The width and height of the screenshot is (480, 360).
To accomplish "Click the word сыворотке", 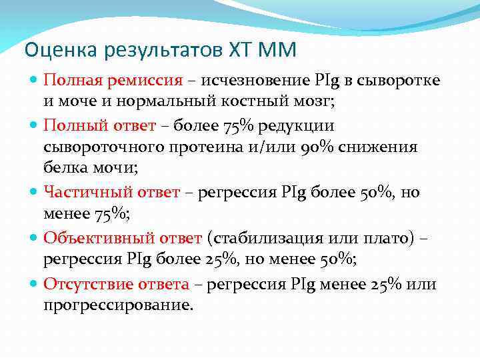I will click(397, 81).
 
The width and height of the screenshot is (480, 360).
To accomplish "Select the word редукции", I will click(298, 125).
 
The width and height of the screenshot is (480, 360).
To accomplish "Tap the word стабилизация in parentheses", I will click(267, 237).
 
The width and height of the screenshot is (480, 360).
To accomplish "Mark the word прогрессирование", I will click(117, 306).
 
